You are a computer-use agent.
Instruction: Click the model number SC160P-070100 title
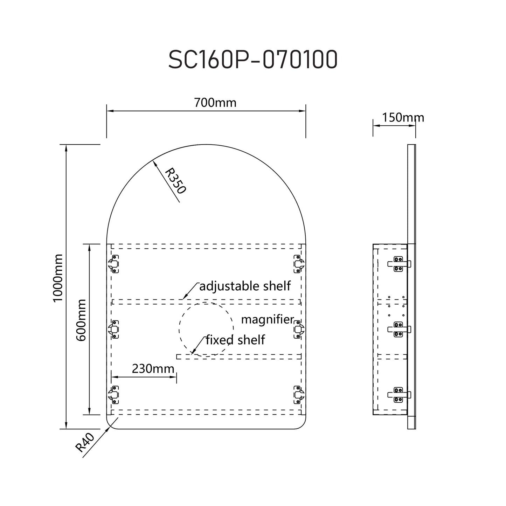pos(253,60)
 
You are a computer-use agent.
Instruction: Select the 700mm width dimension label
pos(215,103)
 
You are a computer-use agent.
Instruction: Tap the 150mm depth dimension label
pos(403,117)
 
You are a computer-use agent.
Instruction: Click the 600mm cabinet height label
pos(81,320)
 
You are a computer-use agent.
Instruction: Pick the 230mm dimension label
pos(153,368)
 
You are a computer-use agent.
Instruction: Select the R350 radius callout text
pos(175,180)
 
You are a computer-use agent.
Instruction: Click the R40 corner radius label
pos(85,442)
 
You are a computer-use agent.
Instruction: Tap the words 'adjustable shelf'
pos(245,286)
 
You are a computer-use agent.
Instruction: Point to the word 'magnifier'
pos(267,319)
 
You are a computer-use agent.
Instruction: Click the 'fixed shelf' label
pos(235,340)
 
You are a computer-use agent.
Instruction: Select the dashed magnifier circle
pos(206,329)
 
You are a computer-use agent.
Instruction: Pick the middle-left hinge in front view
pos(114,329)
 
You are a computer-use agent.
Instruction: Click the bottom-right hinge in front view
pos(298,395)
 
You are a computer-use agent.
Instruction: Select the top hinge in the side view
pos(398,264)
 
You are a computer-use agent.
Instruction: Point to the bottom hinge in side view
pos(398,395)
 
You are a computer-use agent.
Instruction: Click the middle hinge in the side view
pos(398,329)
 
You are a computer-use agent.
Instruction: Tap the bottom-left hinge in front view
pos(114,395)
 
